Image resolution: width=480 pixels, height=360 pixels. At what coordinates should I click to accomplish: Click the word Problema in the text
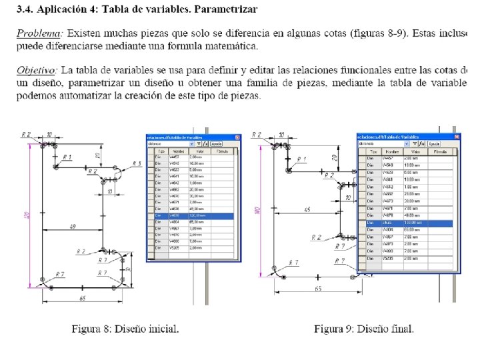[40, 33]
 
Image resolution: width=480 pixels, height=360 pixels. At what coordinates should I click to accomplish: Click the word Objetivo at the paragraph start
[37, 69]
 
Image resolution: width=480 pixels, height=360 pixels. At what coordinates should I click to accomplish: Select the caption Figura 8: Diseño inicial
[125, 329]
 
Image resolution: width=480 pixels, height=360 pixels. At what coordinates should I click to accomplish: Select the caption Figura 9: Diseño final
[364, 329]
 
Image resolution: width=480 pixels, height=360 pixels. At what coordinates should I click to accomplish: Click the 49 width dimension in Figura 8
[73, 227]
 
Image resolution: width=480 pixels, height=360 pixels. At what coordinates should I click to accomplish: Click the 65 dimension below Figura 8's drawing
[81, 299]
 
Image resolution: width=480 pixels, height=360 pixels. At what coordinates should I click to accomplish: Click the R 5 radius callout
[137, 163]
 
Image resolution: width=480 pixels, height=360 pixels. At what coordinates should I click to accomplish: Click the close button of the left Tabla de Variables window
[236, 136]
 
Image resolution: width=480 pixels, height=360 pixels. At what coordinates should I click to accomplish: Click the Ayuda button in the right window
[433, 143]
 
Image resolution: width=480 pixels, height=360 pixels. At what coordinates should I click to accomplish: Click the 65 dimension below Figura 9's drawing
[317, 289]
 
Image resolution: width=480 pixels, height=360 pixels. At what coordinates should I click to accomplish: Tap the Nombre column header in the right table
[392, 151]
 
